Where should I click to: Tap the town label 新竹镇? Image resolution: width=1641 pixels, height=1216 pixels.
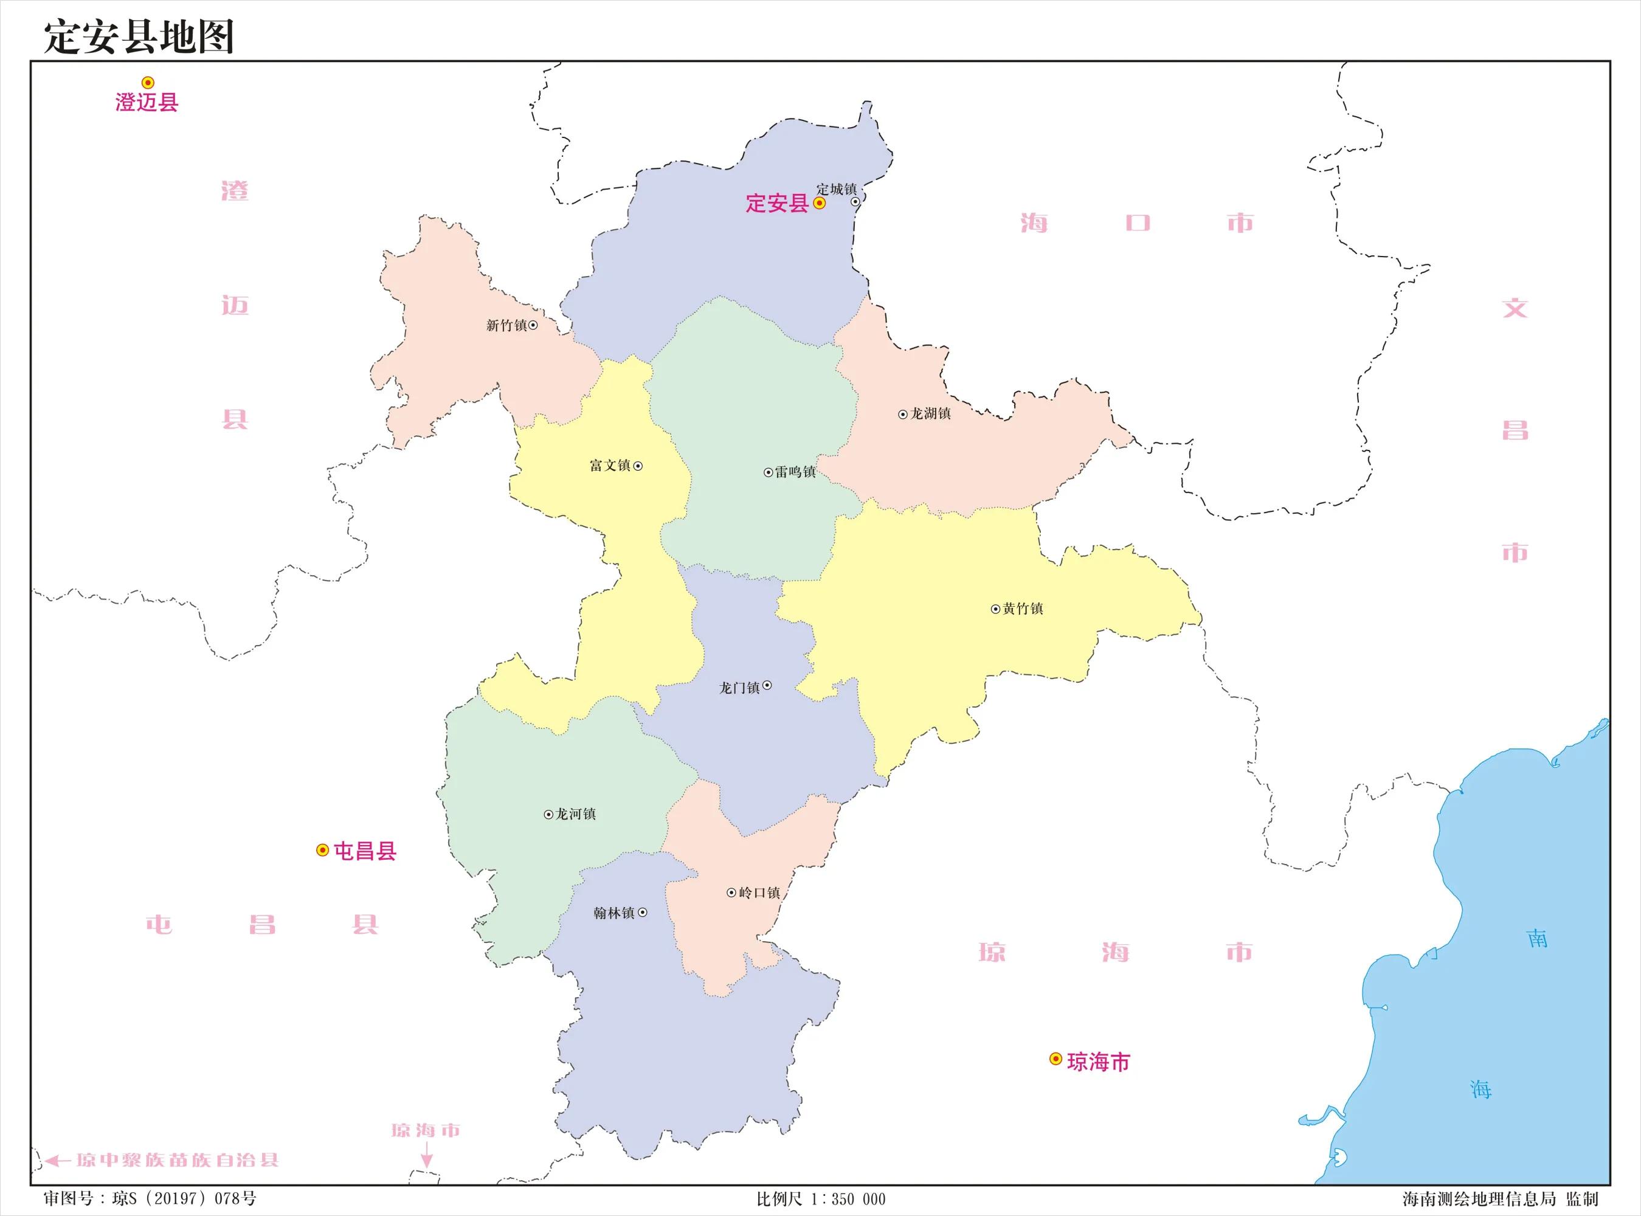point(506,325)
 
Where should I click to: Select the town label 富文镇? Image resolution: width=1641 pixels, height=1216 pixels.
point(610,466)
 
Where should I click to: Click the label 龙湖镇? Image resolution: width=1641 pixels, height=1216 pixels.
point(931,413)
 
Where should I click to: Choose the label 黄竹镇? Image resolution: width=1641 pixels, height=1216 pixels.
point(1023,609)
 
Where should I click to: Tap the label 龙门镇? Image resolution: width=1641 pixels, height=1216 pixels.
point(739,688)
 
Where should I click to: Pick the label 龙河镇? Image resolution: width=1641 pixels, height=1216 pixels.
point(575,814)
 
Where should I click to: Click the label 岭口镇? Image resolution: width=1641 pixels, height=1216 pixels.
point(759,893)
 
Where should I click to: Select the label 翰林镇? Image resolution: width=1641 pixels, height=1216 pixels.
point(613,913)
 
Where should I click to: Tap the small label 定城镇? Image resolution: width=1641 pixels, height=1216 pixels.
point(837,189)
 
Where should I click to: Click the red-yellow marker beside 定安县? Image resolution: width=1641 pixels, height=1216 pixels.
point(819,203)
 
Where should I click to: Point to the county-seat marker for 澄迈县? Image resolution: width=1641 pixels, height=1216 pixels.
point(148,83)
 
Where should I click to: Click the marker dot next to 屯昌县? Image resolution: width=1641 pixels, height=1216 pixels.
point(322,850)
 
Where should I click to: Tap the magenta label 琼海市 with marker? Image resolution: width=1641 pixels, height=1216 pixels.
point(1098,1062)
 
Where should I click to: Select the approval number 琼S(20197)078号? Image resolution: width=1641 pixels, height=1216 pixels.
point(184,1198)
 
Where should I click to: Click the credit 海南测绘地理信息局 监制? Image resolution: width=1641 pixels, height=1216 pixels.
point(1500,1198)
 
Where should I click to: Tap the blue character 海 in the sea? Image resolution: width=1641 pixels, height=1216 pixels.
point(1480,1090)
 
